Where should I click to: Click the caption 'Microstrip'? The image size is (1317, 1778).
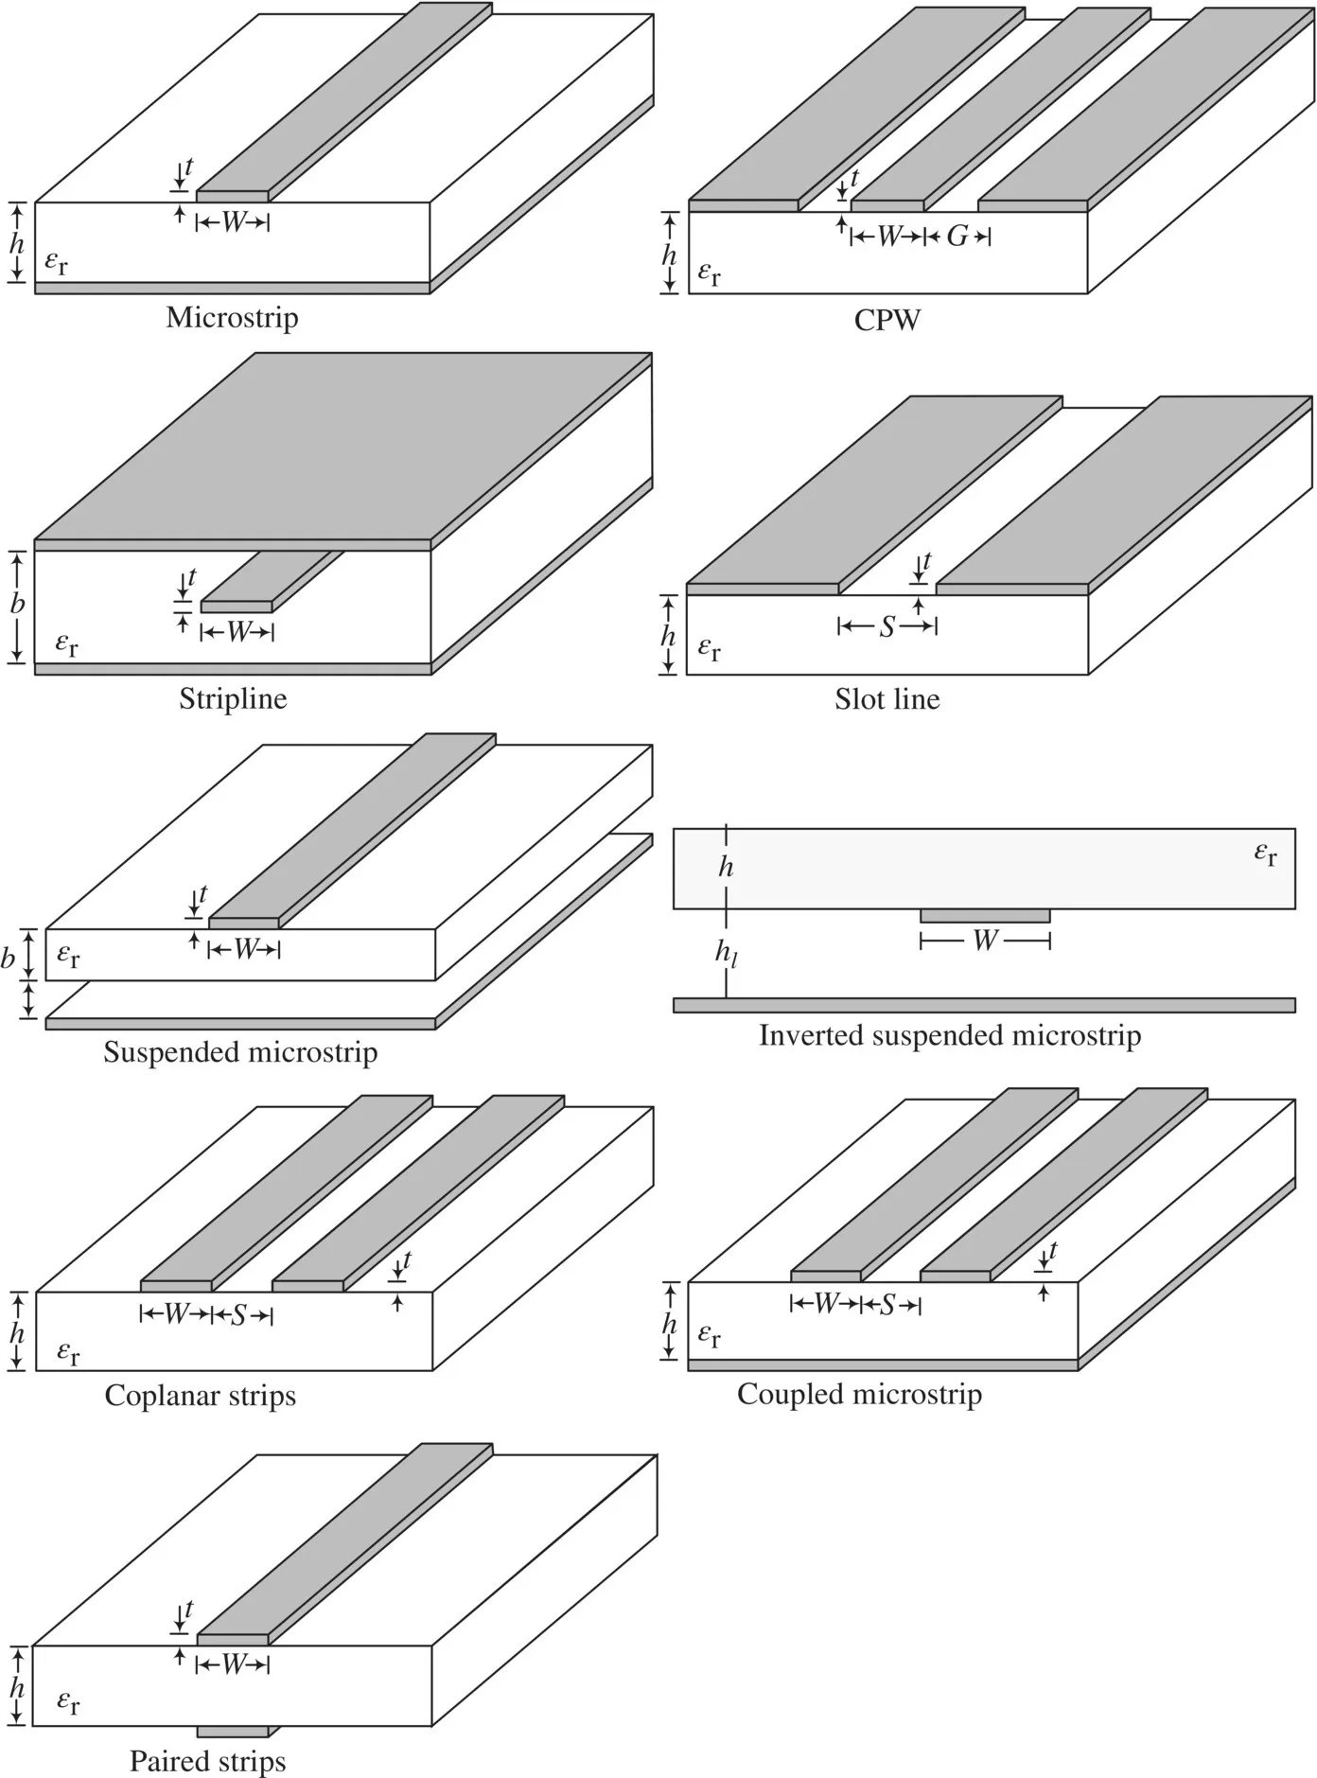(232, 317)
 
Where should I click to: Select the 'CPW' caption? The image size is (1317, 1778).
(887, 321)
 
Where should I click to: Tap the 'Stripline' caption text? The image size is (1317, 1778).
(233, 699)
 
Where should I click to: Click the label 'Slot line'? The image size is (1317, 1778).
(887, 699)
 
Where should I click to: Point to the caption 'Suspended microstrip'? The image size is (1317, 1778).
(240, 1052)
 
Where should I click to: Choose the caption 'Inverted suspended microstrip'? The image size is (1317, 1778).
(950, 1035)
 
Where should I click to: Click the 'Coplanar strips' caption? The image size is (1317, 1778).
(200, 1396)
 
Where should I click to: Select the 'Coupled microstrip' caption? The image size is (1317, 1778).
(859, 1394)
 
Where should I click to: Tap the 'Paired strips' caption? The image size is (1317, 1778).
(207, 1762)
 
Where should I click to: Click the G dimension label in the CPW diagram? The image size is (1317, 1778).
(957, 237)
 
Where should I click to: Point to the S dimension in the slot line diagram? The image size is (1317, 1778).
(887, 626)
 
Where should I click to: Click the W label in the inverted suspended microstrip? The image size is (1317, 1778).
(985, 941)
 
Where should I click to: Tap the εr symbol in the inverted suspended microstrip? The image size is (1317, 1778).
(1265, 854)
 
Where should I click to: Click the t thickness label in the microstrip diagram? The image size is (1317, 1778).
(188, 167)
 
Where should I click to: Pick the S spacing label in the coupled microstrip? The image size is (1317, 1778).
(887, 1305)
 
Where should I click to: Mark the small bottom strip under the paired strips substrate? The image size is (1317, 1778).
(233, 1732)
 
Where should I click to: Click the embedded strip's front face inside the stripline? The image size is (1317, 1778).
(236, 607)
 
